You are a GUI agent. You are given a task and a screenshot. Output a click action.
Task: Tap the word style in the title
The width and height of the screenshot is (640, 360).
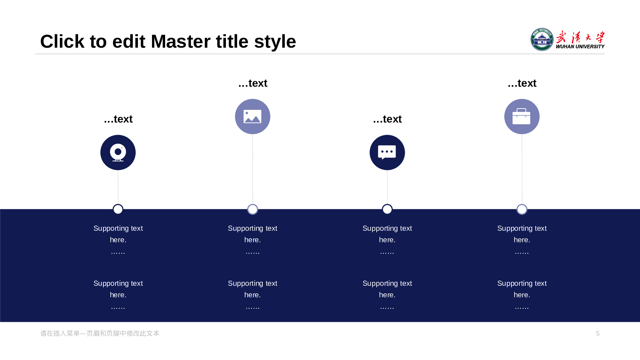tap(275, 42)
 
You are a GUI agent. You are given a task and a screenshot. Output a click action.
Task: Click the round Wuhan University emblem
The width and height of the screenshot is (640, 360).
tap(542, 39)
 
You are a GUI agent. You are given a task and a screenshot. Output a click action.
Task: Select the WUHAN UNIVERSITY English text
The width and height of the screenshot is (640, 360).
tap(580, 47)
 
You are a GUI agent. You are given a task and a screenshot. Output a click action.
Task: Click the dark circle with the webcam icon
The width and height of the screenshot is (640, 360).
tap(118, 152)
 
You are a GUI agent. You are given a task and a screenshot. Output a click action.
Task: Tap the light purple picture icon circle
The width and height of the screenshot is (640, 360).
tap(252, 116)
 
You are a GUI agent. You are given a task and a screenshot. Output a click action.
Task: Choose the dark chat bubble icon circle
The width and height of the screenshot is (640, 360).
tap(387, 152)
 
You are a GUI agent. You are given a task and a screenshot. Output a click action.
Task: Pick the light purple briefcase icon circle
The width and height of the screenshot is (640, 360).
tap(522, 116)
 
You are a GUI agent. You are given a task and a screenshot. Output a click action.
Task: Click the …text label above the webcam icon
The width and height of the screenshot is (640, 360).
tap(118, 119)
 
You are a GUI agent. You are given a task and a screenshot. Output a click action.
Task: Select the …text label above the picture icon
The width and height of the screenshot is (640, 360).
tap(253, 83)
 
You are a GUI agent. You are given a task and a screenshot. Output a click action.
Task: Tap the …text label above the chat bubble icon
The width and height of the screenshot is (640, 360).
tap(387, 119)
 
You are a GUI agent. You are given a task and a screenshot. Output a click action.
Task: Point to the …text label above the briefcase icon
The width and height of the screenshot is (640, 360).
tap(522, 83)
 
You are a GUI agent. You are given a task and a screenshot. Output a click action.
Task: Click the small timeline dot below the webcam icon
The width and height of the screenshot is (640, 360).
tap(118, 209)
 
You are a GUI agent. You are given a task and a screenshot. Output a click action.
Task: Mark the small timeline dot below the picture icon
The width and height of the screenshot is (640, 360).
tap(253, 209)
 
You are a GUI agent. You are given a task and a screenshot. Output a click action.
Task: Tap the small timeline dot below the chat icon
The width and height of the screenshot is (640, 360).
tap(387, 209)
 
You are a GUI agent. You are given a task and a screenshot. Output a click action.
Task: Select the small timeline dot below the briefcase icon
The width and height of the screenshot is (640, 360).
tap(522, 209)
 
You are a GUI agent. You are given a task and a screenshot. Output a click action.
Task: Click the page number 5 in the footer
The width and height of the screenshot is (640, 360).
tap(598, 333)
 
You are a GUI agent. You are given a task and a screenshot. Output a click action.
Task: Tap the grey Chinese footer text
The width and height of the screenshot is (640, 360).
tap(100, 333)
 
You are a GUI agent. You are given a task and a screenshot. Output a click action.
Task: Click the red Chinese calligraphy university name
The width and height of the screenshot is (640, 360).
tap(580, 37)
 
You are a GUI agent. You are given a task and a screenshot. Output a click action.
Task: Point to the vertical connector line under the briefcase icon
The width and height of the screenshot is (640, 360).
tap(522, 169)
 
